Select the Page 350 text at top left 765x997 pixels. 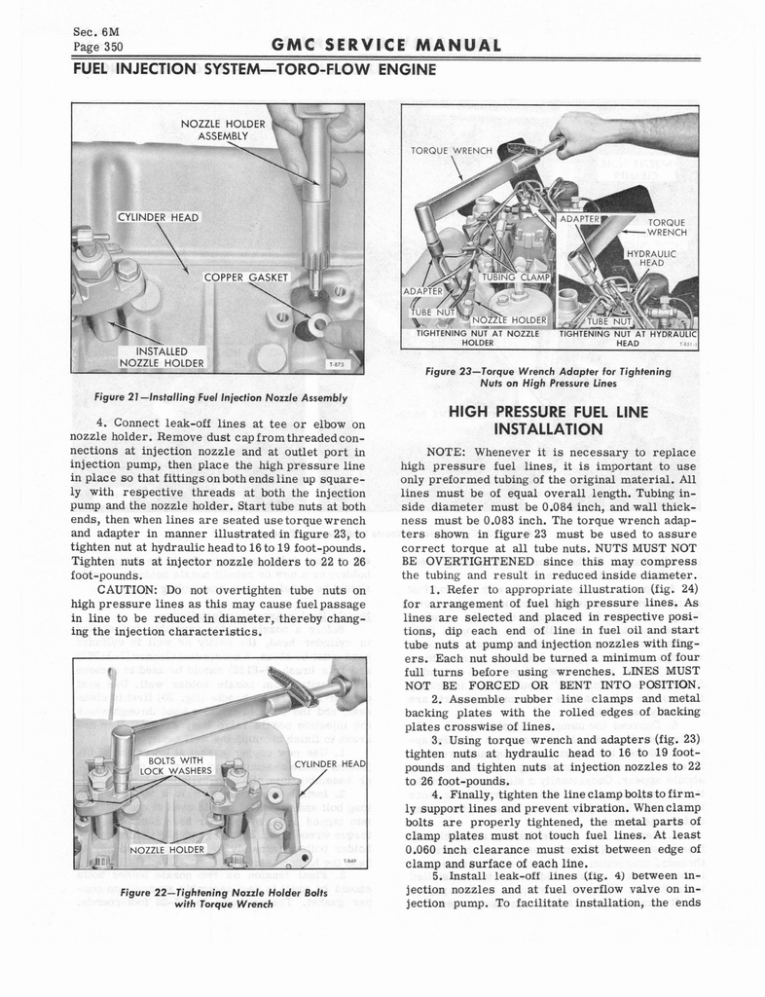[97, 47]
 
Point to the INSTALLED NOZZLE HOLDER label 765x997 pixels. [162, 357]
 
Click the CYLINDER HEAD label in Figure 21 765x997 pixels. [159, 216]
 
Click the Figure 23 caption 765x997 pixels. [549, 378]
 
